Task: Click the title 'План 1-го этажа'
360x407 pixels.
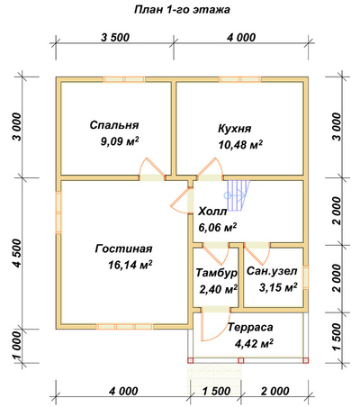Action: tap(182, 10)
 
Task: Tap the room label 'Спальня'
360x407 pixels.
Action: tap(114, 125)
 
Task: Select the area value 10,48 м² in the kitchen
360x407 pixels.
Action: tap(240, 145)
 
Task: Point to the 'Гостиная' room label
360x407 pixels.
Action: tap(124, 249)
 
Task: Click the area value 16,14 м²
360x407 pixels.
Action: tap(130, 265)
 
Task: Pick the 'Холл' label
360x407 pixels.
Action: tap(212, 212)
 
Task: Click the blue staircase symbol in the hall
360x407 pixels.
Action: tap(238, 195)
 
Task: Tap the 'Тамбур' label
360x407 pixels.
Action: tap(217, 273)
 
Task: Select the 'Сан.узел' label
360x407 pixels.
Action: tap(272, 271)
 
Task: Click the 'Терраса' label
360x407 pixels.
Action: tap(250, 327)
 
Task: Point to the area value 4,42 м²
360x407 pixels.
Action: tap(254, 343)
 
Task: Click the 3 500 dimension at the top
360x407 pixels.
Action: tap(115, 38)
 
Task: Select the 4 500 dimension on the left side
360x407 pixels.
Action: tap(18, 253)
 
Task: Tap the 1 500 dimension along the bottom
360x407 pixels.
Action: tap(216, 392)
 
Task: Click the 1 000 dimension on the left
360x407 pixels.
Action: tap(18, 347)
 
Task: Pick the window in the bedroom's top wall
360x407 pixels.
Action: tap(124, 79)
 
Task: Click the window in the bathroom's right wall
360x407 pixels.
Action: tap(306, 277)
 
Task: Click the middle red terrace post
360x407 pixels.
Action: tap(241, 360)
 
